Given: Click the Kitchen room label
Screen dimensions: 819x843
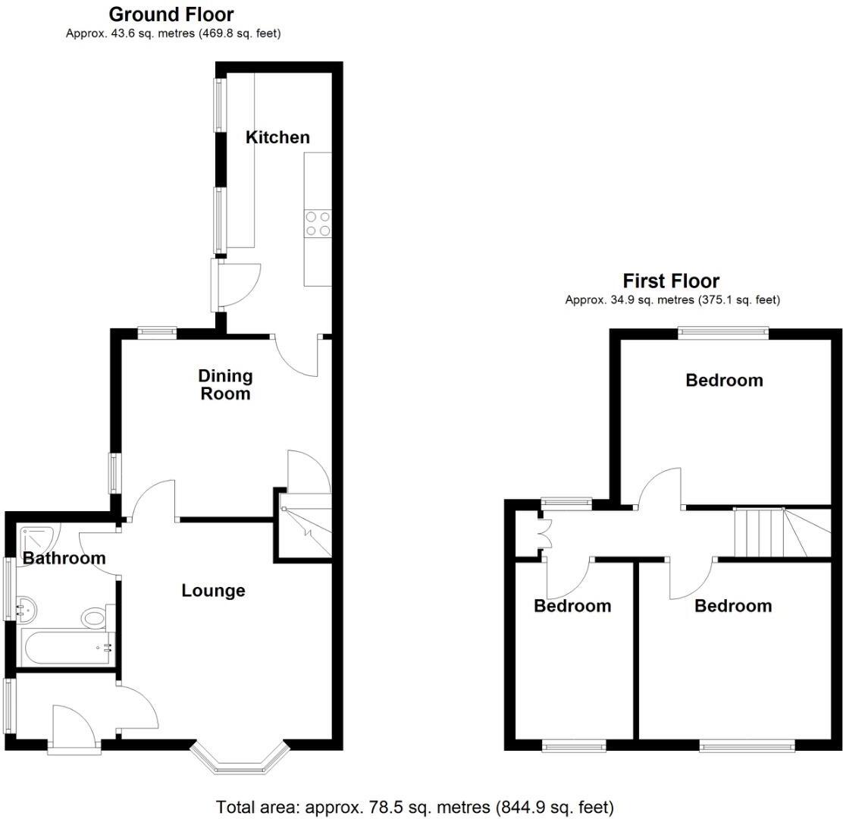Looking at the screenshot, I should point(277,137).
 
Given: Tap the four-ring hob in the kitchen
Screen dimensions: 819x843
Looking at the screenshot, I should point(318,224).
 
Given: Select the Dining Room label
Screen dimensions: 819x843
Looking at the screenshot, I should point(225,384).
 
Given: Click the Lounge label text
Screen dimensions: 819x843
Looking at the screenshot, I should point(213,591).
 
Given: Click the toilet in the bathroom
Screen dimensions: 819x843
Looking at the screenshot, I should point(95,618).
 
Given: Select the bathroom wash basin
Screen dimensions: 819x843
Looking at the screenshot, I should point(27,607).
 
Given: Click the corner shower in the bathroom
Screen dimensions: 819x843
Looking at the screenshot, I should point(35,539).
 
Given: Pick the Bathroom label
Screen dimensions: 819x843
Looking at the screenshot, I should point(64,559).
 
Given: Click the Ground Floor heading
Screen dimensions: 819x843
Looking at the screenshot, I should point(171,14).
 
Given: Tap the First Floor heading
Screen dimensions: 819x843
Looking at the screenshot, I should point(671,281).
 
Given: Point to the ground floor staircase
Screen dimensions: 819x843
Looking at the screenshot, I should point(306,525).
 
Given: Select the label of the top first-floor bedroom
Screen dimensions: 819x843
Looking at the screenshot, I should point(724,381).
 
